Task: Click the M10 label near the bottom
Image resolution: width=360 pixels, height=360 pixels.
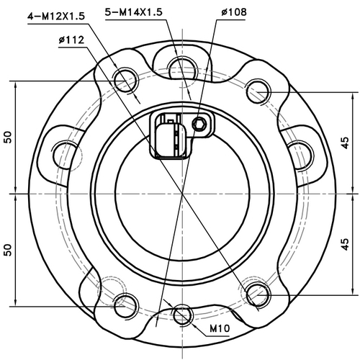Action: (220, 329)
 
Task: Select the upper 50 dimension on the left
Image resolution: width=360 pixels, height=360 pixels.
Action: (8, 138)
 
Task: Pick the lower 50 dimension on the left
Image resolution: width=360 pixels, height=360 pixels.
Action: (8, 249)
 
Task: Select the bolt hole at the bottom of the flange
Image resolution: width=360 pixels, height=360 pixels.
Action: (180, 317)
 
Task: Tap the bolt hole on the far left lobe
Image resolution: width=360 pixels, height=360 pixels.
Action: (66, 150)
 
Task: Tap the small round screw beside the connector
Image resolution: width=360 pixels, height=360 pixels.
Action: (199, 125)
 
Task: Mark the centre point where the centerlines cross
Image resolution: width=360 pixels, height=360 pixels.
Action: (181, 194)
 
